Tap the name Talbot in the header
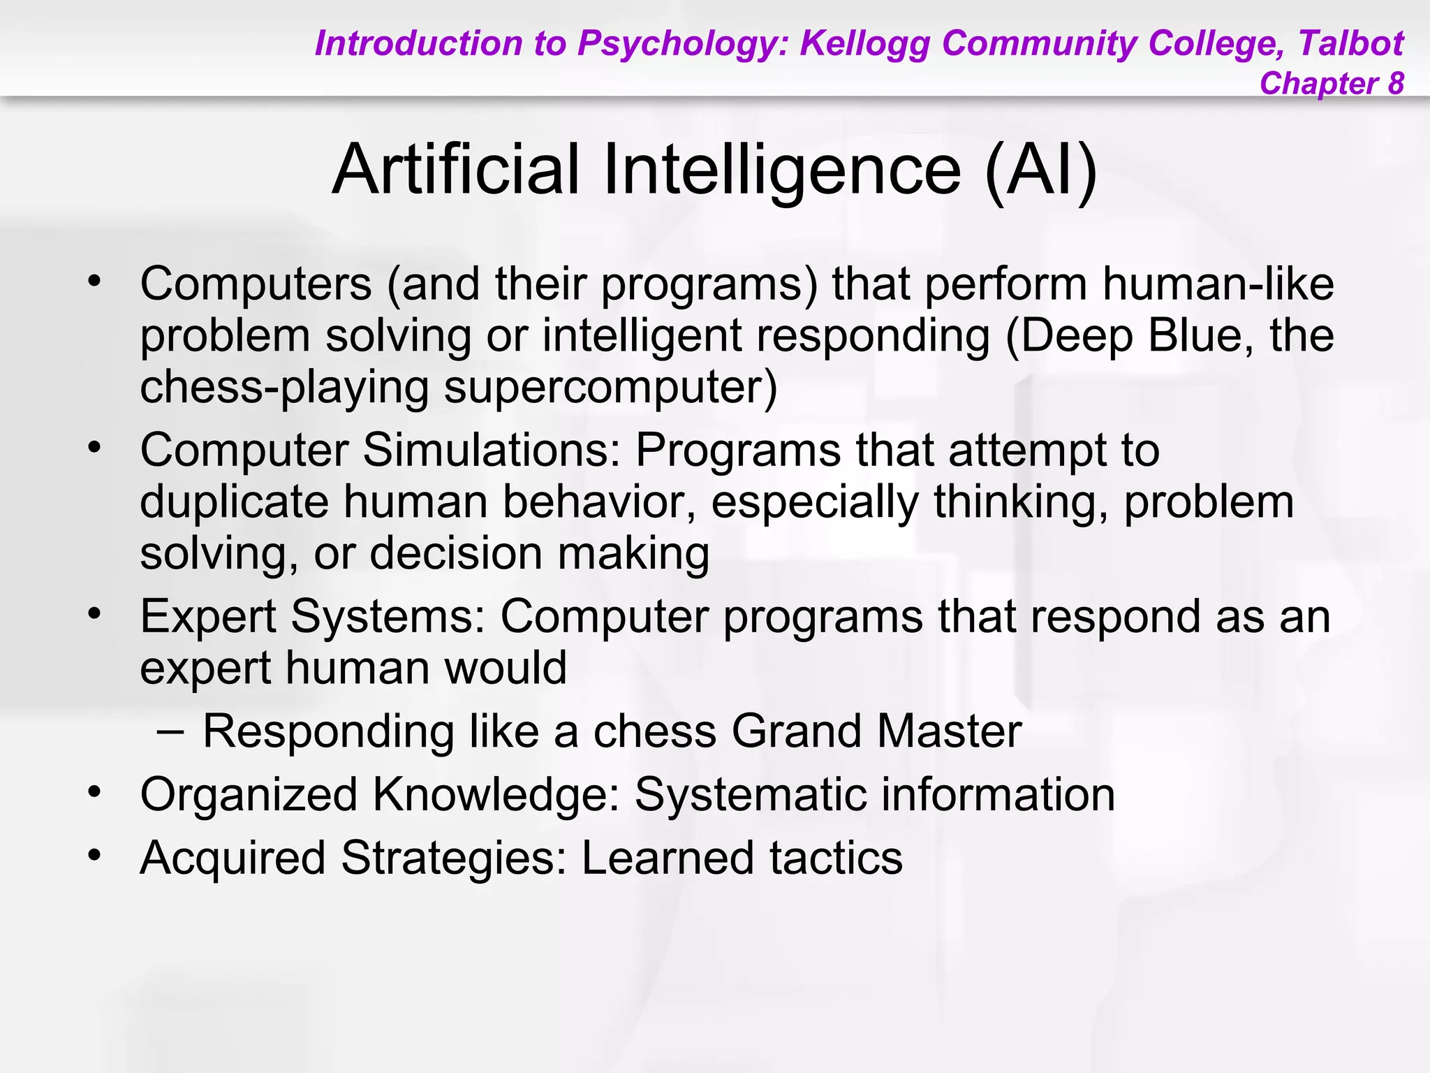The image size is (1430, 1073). coord(1350,43)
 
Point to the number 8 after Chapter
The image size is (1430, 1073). coord(1395,83)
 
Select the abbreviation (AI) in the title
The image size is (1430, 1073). coord(1040,170)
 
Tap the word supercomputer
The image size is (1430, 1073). coord(610,388)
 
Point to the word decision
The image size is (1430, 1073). coord(456,553)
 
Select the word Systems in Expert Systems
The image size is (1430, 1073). coord(388,617)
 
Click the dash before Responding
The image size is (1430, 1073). coord(170,731)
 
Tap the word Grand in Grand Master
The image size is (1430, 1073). coord(796,731)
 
